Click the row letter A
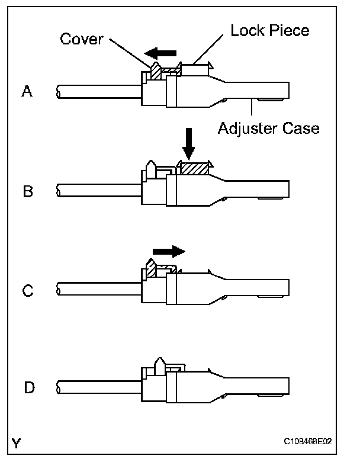(27, 91)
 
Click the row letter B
(27, 191)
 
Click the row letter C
(27, 290)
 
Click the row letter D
(28, 389)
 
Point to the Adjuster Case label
(268, 127)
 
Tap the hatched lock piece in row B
(194, 168)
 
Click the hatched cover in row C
(152, 269)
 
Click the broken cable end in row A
(58, 91)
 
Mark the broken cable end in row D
(58, 389)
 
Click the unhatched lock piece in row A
(194, 70)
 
